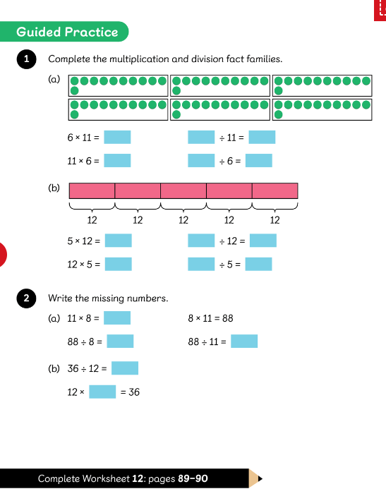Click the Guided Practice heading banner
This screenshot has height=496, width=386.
pos(64,32)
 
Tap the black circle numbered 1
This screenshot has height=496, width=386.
pos(27,59)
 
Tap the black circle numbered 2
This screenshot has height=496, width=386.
pos(27,298)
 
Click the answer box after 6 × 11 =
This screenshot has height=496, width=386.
pos(117,138)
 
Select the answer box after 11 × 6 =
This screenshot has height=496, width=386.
pos(117,160)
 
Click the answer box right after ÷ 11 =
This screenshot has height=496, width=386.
pos(262,138)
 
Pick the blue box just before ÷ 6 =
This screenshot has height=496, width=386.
pos(201,160)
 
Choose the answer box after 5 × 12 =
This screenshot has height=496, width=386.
pos(119,241)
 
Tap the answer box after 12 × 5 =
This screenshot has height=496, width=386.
pos(119,264)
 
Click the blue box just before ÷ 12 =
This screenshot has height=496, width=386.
pos(201,241)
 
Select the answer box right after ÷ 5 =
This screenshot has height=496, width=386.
pos(258,264)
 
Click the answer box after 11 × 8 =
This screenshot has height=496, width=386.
pos(117,318)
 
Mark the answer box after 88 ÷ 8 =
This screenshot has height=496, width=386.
pos(120,341)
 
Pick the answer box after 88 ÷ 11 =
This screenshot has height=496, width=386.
pos(244,341)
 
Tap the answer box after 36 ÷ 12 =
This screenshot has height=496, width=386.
pos(125,368)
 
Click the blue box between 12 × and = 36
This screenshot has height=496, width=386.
pos(102,392)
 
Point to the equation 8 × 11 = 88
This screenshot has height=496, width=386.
pos(210,318)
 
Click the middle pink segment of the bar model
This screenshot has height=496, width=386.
pos(183,190)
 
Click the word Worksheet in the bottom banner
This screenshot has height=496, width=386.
pos(106,478)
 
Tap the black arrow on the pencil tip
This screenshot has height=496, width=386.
pos(260,478)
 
